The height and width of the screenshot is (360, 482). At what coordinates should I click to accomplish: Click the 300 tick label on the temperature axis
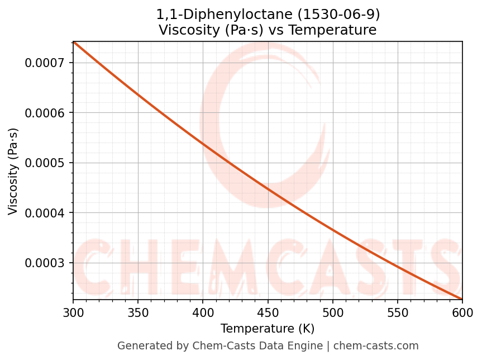(73, 312)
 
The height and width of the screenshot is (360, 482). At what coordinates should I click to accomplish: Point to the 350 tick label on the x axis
(138, 312)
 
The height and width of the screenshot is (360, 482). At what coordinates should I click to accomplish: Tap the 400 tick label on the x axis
(203, 312)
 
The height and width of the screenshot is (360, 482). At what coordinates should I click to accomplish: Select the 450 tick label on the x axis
(268, 312)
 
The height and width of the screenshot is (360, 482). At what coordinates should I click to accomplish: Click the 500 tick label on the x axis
(333, 312)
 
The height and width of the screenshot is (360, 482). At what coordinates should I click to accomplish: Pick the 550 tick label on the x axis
(398, 312)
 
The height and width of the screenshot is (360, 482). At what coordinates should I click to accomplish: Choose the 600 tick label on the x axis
(462, 312)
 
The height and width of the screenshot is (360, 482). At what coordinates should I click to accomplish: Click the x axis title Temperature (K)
(268, 328)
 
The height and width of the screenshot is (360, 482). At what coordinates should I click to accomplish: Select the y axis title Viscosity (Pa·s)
(13, 171)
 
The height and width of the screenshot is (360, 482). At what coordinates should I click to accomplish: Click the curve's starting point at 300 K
(74, 42)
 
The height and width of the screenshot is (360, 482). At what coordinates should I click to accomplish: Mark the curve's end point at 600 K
(462, 299)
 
